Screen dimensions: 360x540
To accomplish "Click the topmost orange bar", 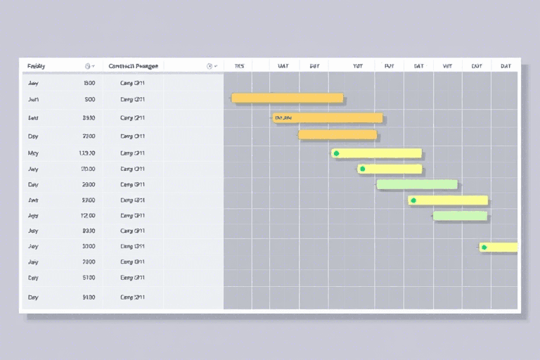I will tap(287, 98).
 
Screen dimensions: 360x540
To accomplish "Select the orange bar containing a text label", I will tap(327, 117).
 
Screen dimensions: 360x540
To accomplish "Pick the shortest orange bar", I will tap(337, 134).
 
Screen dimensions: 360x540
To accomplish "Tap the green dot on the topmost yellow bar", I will tap(336, 153).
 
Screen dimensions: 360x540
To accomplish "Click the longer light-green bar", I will tap(417, 184).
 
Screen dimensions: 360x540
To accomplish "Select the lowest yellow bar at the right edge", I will tap(499, 247).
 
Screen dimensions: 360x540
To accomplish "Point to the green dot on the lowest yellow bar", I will tap(483, 247).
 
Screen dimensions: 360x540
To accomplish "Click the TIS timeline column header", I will tap(239, 66).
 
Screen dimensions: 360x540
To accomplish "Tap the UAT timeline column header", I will tap(283, 66).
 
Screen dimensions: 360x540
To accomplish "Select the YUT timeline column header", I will tap(357, 66).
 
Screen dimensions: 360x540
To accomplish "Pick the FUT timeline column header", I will tap(389, 66).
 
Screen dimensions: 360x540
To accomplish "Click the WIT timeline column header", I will tap(447, 66).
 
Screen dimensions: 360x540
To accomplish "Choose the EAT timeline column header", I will tap(477, 66).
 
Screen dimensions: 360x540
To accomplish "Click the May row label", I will tap(33, 153).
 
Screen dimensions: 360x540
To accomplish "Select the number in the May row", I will tap(87, 153).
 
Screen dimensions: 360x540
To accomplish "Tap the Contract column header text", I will tap(133, 66).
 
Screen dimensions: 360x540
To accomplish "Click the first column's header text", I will tap(36, 66).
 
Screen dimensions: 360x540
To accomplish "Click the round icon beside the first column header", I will tap(88, 66).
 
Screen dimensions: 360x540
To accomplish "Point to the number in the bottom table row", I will tap(89, 297).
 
